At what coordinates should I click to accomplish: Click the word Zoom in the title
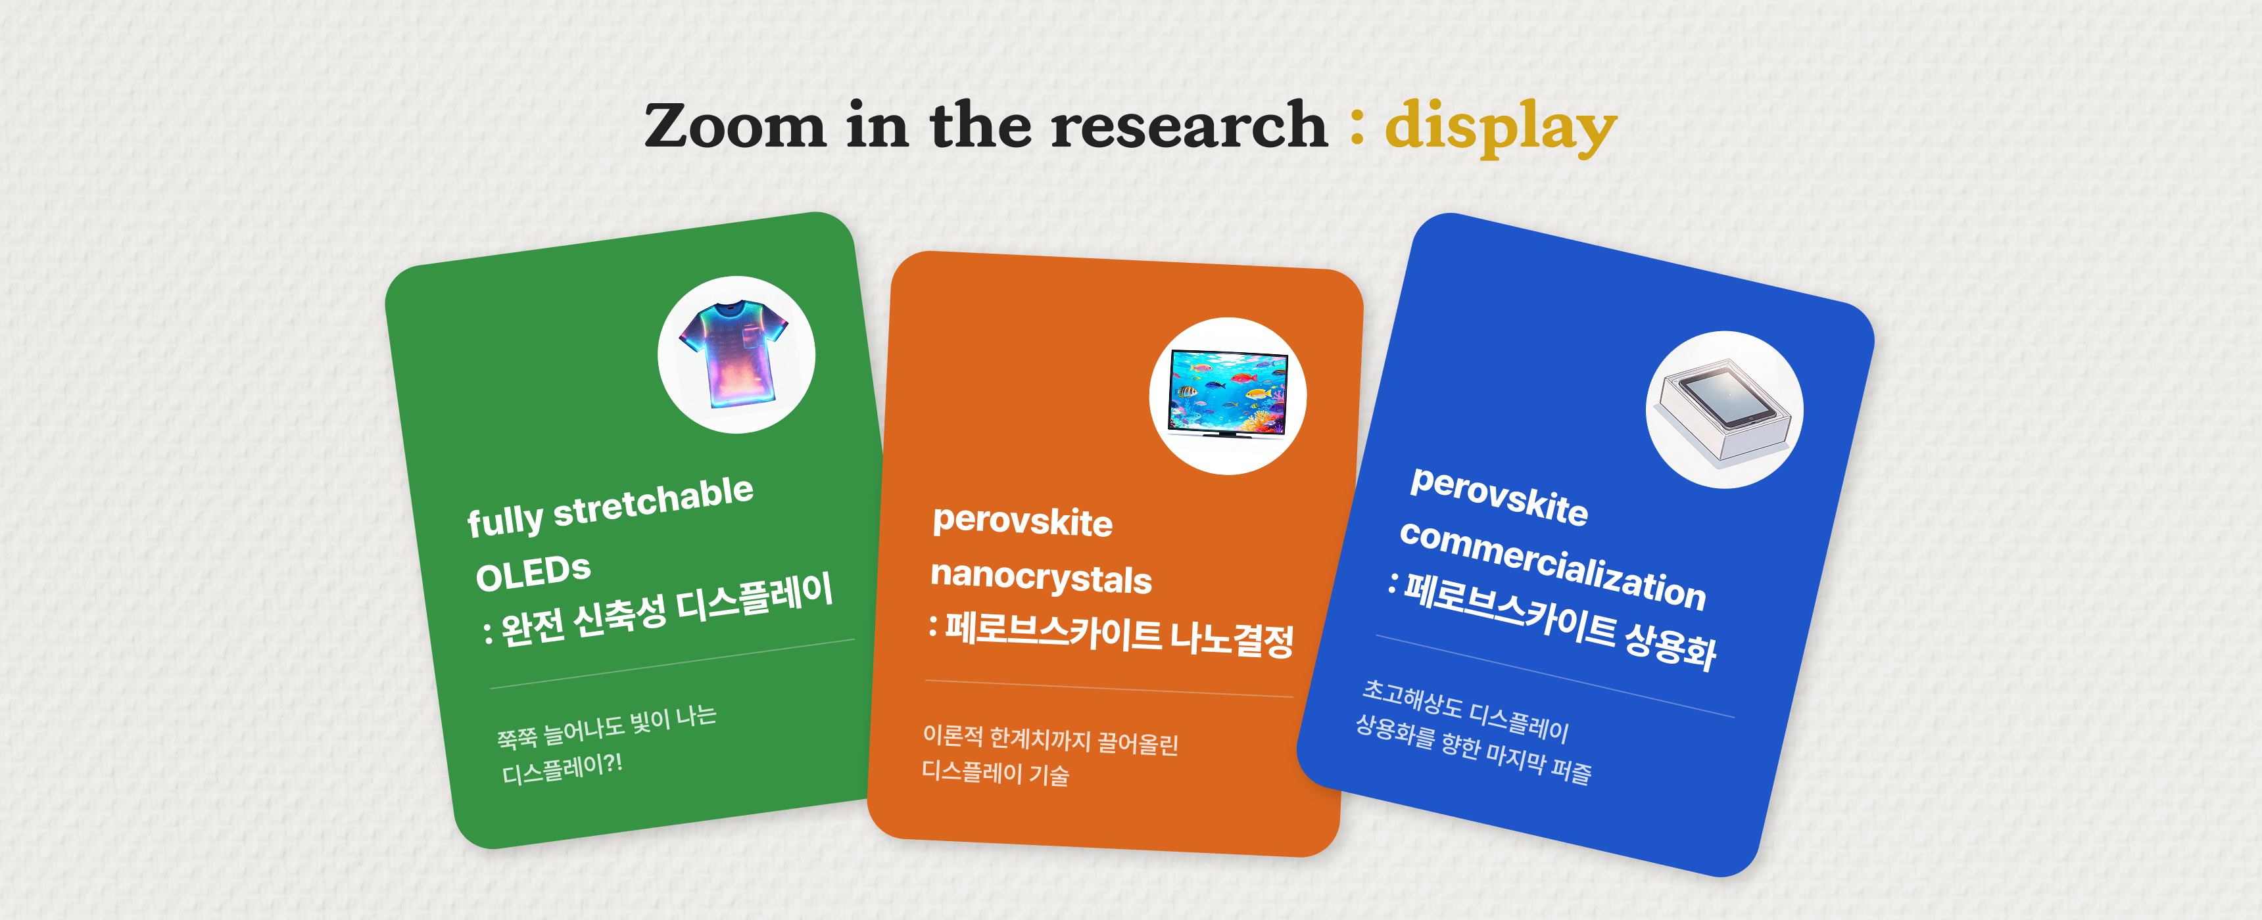click(735, 125)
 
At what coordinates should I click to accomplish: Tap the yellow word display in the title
click(1501, 128)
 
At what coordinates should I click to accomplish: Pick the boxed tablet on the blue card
click(1723, 409)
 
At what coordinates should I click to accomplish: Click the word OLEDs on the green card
click(533, 574)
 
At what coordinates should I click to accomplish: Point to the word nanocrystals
click(1040, 578)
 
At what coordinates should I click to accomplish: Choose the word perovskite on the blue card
click(1499, 497)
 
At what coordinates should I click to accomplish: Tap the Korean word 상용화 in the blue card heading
click(1670, 645)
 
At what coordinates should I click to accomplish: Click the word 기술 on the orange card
click(1049, 774)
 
